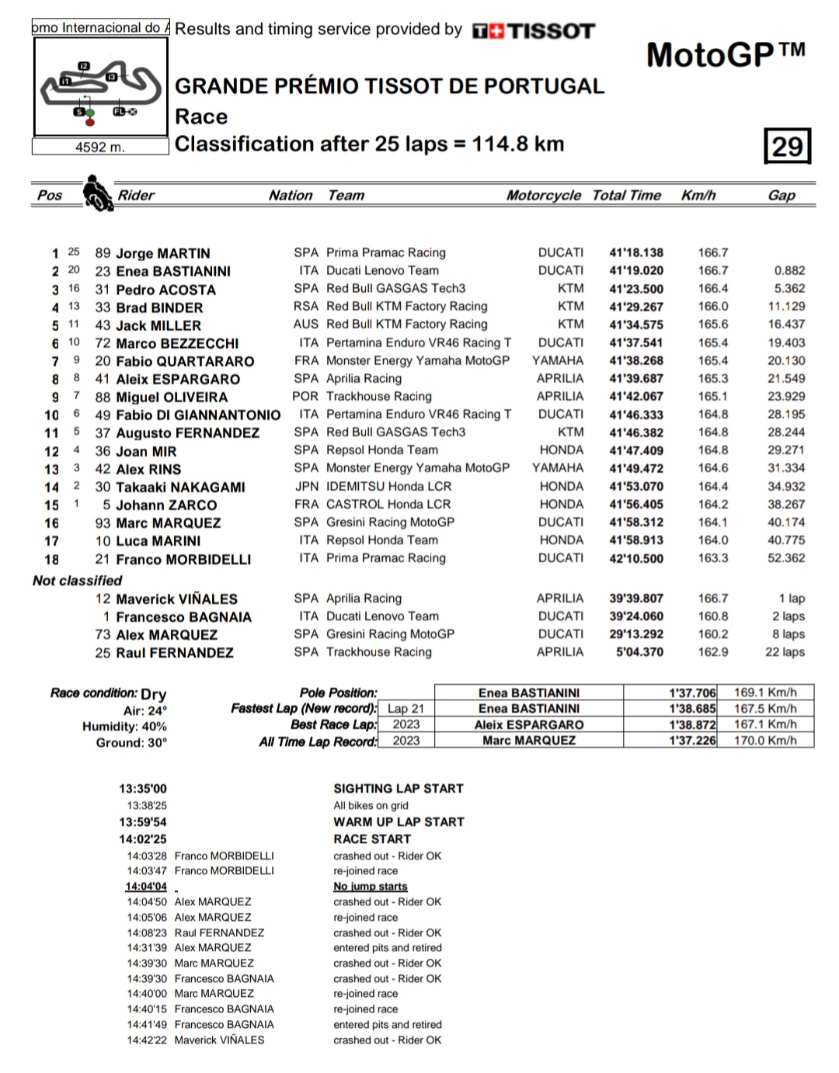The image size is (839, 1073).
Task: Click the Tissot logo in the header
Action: (x=534, y=31)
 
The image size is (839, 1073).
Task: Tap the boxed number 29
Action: (x=787, y=146)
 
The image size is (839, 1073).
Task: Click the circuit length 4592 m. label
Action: (x=99, y=147)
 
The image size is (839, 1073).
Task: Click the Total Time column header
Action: (x=626, y=196)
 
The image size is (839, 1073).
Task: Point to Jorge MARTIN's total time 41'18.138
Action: (x=636, y=252)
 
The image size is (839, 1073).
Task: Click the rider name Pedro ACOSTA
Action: (x=165, y=290)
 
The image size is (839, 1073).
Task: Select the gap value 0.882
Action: (x=789, y=270)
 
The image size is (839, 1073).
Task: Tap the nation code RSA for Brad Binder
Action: (x=306, y=306)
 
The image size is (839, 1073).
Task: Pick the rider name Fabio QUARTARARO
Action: (x=185, y=361)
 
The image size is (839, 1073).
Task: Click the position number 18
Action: (x=51, y=559)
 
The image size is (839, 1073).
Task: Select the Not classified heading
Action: (x=78, y=580)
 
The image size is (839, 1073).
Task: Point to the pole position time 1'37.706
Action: (x=692, y=693)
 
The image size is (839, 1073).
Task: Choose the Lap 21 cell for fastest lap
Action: (x=406, y=709)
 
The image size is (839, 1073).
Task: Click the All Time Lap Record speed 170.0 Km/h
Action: (x=765, y=741)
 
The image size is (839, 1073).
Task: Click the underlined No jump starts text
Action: (x=371, y=887)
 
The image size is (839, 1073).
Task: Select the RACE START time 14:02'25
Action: (x=143, y=839)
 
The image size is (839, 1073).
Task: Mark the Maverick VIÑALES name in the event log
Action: (x=219, y=1040)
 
